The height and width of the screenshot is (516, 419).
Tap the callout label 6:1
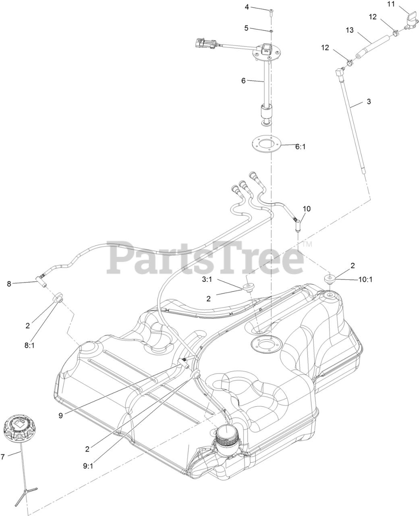click(x=301, y=147)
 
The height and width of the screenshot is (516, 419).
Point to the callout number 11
click(x=391, y=4)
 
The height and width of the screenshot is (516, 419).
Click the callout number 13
click(x=349, y=30)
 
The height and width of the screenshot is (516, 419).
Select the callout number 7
click(x=3, y=457)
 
